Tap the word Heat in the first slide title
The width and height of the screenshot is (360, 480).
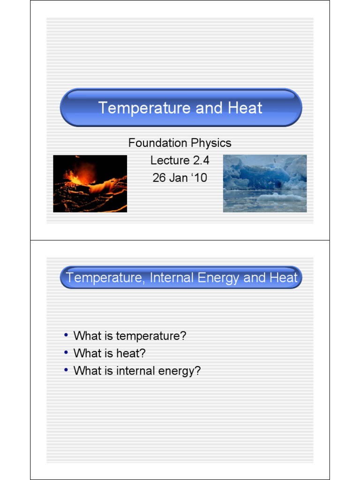245,108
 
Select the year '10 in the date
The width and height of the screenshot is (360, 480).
199,178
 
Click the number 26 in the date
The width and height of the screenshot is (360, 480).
159,178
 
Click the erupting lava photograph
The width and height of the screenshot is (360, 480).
90,184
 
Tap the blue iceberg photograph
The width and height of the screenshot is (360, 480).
265,184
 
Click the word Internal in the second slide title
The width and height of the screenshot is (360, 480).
171,277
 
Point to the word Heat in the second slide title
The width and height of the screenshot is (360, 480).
283,277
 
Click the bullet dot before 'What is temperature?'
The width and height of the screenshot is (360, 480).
66,335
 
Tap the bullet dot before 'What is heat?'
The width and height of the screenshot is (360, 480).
66,352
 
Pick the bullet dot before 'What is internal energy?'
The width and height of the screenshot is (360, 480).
66,370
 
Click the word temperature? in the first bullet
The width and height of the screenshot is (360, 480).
151,336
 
